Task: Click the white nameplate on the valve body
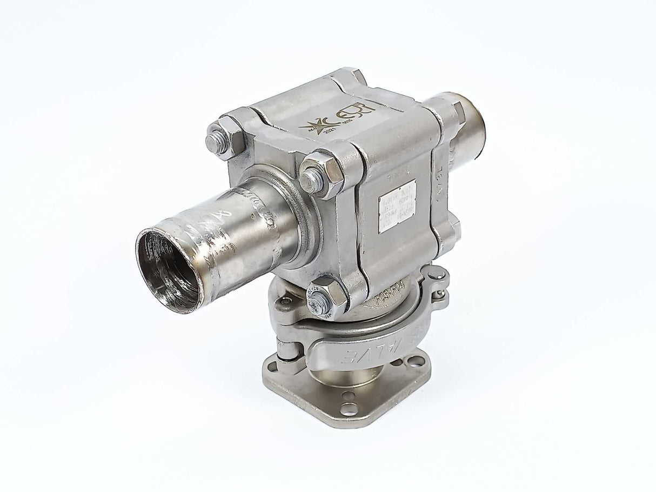coord(397,206)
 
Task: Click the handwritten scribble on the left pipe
coord(211,227)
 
